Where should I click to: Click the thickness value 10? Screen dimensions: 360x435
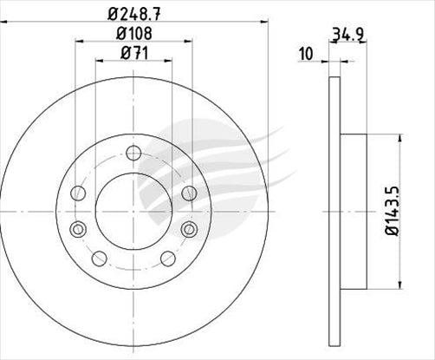[x=305, y=55]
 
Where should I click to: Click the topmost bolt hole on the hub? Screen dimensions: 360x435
[x=133, y=154]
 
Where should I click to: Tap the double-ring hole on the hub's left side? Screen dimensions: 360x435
[x=78, y=229]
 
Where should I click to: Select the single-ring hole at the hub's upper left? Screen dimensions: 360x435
[x=79, y=192]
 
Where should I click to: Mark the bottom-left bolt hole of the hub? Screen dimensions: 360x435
[x=98, y=258]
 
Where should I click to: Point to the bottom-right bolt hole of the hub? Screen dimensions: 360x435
[x=167, y=258]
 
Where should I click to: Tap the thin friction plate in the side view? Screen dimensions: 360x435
[x=334, y=213]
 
